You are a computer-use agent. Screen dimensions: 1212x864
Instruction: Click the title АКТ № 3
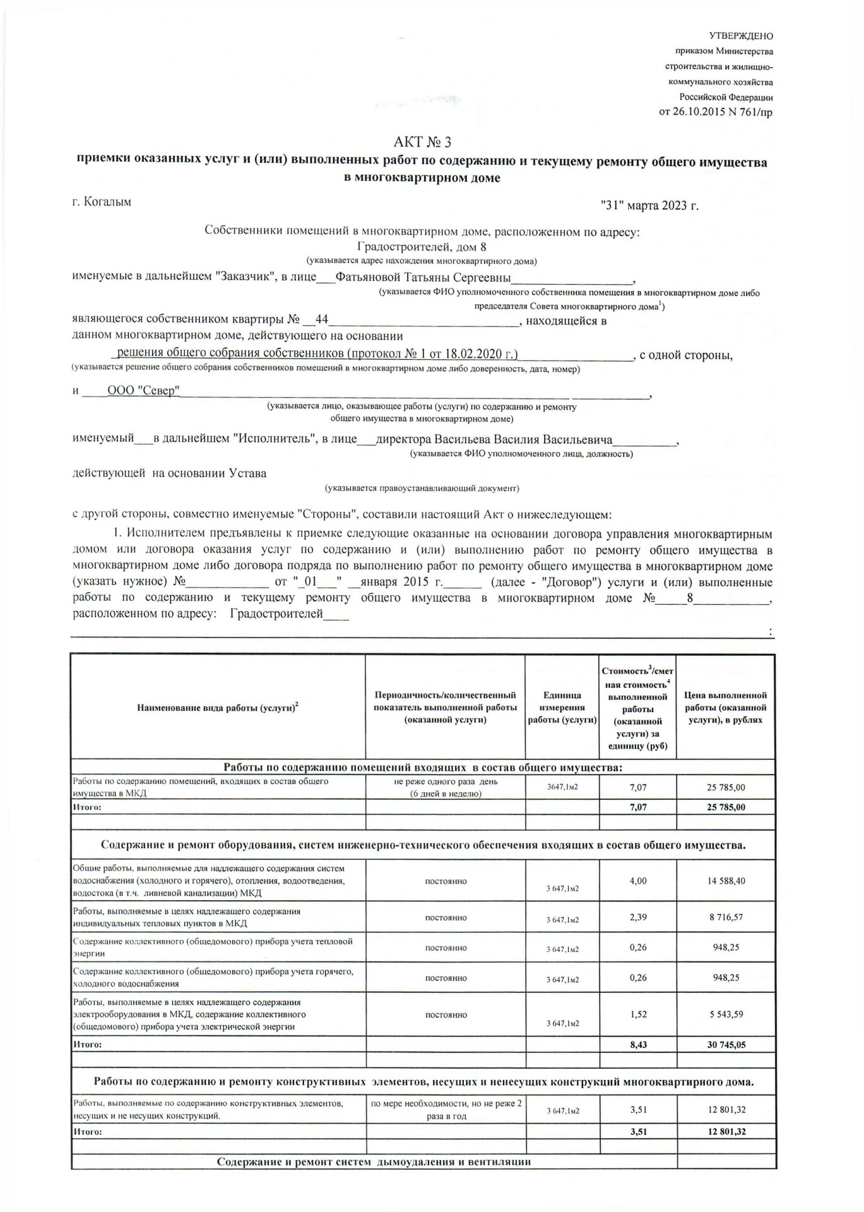422,142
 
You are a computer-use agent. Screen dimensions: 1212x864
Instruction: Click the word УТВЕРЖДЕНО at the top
741,36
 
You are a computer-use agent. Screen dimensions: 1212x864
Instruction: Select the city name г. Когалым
102,202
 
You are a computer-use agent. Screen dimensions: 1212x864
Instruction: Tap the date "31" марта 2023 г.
650,205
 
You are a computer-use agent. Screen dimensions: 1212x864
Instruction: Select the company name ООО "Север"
143,391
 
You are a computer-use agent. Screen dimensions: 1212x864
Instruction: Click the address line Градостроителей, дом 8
422,247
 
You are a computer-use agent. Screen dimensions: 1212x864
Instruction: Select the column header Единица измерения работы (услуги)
562,707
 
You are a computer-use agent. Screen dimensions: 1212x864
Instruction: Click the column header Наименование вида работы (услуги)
218,708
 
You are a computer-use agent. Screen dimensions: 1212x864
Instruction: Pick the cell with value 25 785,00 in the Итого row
726,807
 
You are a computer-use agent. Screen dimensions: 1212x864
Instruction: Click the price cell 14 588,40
726,881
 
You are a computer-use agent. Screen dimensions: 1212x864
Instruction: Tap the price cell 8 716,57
726,917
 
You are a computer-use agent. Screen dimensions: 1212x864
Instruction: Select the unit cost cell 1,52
638,1014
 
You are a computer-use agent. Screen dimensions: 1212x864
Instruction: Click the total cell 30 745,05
726,1045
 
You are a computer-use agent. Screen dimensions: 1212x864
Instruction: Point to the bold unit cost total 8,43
638,1045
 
